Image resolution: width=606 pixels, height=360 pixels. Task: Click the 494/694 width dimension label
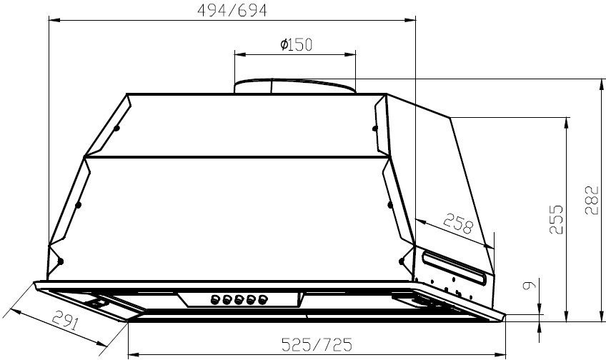click(233, 9)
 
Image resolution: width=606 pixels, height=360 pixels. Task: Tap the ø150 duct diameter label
click(296, 45)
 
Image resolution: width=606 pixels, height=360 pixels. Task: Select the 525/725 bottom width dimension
click(317, 345)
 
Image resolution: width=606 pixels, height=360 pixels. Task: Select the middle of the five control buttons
click(238, 299)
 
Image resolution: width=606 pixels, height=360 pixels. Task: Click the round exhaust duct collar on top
click(294, 86)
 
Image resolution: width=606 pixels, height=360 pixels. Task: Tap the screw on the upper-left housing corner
click(116, 129)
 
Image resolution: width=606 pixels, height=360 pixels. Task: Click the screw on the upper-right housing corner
click(374, 129)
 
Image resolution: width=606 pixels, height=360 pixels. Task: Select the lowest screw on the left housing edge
click(61, 259)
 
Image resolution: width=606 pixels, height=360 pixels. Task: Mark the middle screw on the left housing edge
click(79, 205)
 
